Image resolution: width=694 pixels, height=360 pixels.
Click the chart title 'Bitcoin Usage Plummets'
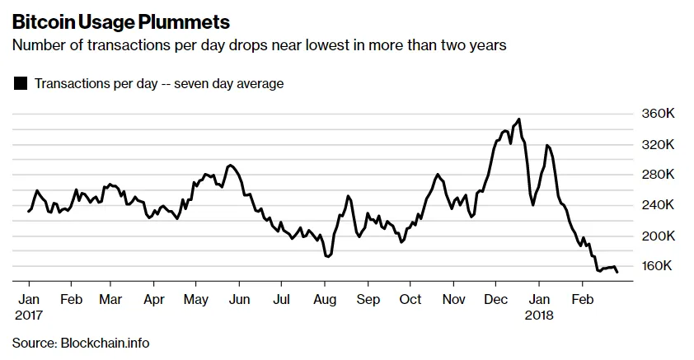click(121, 22)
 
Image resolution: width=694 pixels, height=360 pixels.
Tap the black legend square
click(21, 83)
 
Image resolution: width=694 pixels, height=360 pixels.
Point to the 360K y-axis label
click(659, 114)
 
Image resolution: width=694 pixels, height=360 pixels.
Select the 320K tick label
click(659, 145)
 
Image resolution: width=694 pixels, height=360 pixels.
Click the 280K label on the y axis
click(659, 175)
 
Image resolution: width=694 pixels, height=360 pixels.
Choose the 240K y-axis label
click(659, 205)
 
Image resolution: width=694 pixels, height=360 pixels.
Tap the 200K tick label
click(659, 236)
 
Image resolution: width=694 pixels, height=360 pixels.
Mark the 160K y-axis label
click(657, 266)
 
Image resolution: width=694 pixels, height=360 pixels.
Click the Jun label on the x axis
click(240, 299)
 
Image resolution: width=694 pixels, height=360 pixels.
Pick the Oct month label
click(410, 299)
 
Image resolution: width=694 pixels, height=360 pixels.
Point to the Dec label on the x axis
click(495, 299)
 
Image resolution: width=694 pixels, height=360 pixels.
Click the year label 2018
click(539, 316)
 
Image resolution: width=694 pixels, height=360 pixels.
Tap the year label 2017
click(29, 316)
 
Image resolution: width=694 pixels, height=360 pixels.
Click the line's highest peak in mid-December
click(518, 119)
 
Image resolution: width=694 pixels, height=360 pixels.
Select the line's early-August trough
click(327, 256)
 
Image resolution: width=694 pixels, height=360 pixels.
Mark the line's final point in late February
click(617, 272)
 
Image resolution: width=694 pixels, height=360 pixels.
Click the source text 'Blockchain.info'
click(105, 344)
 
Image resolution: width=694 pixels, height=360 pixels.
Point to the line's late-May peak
click(230, 166)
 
